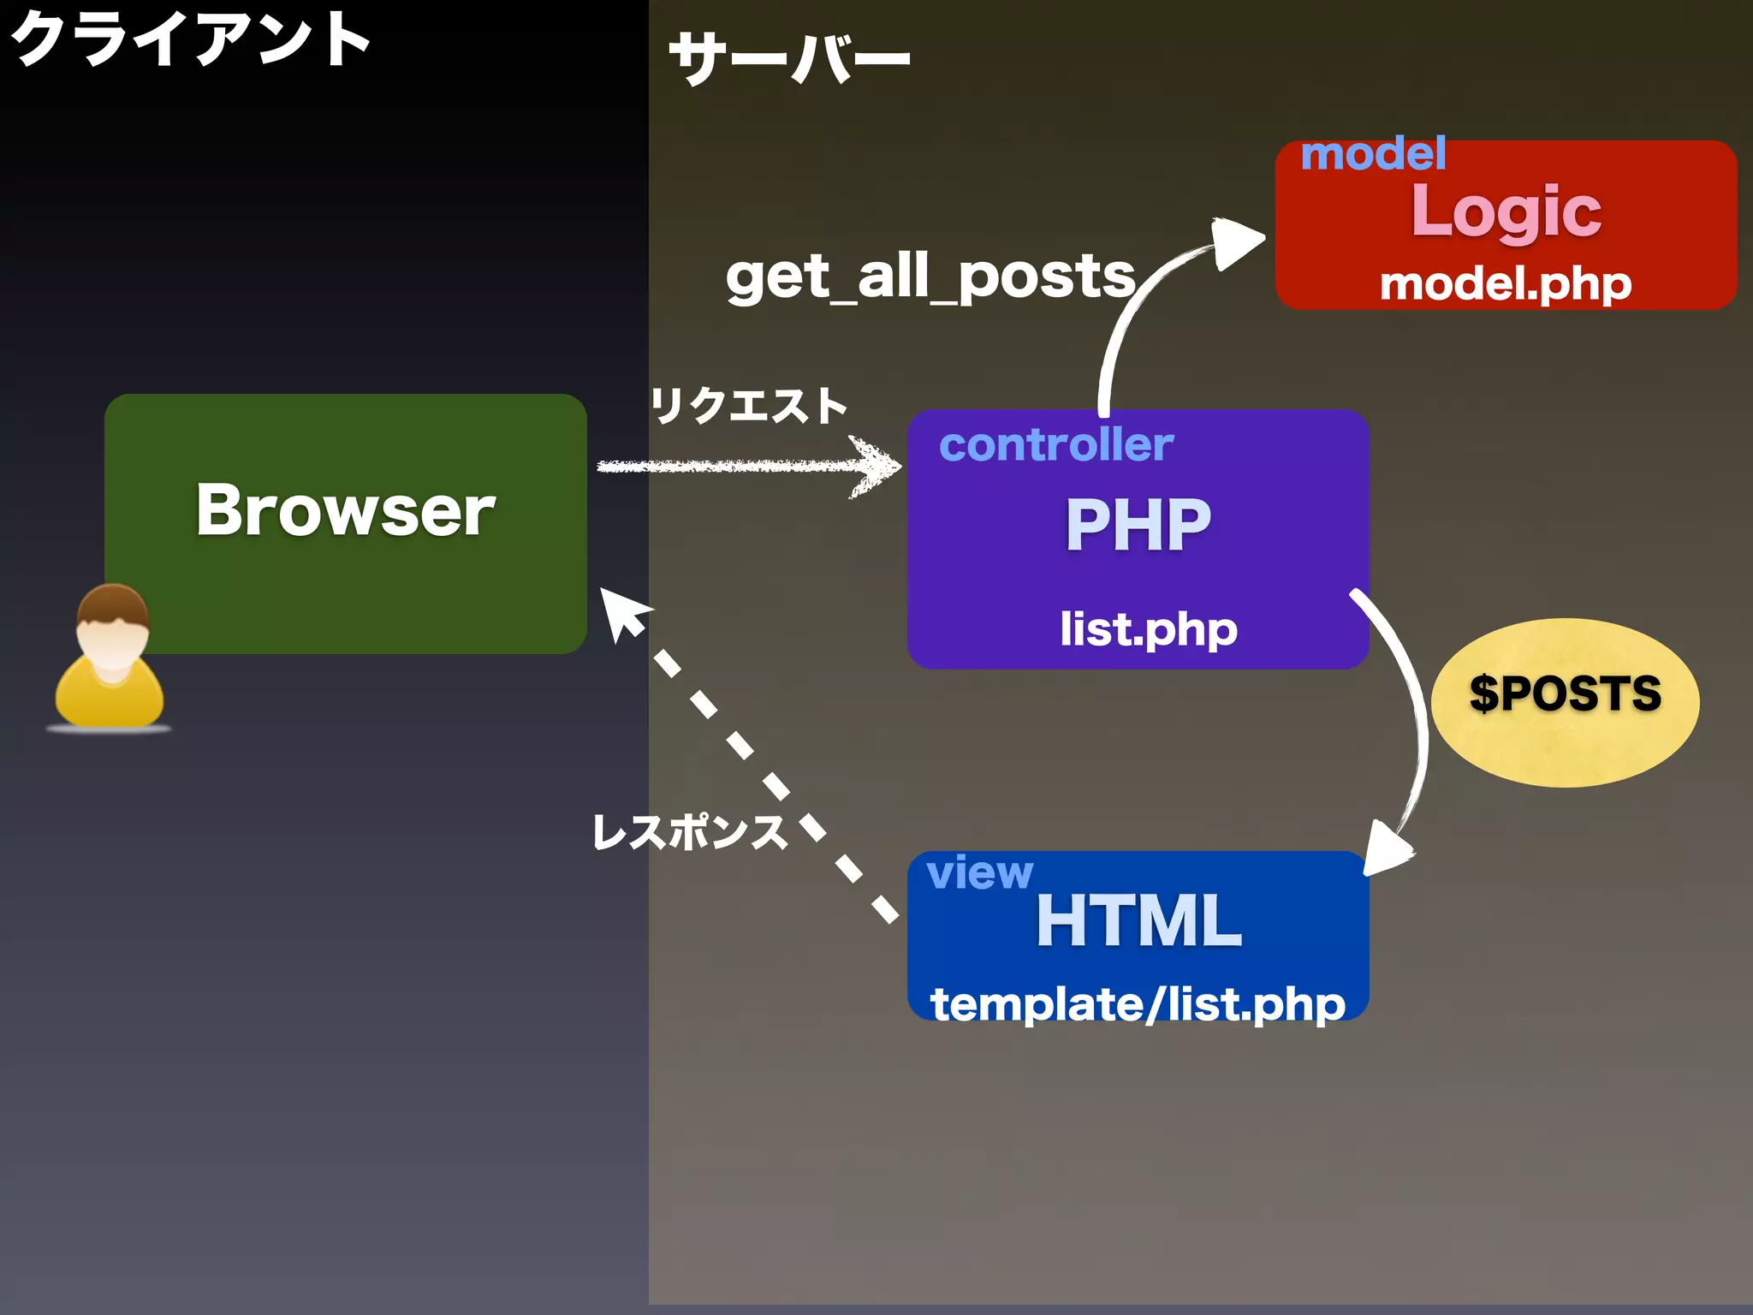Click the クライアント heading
click(x=190, y=39)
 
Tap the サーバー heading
click(x=788, y=58)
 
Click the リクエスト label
click(x=748, y=405)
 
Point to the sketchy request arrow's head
click(x=877, y=467)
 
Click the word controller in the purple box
click(x=1055, y=445)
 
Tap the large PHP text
click(x=1138, y=524)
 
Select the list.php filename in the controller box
click(x=1148, y=629)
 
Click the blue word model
click(x=1372, y=154)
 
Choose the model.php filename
click(x=1505, y=283)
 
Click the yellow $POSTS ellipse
click(x=1565, y=701)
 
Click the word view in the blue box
click(x=979, y=872)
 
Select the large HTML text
click(x=1138, y=920)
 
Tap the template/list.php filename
click(x=1138, y=1003)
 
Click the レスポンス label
click(x=690, y=831)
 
